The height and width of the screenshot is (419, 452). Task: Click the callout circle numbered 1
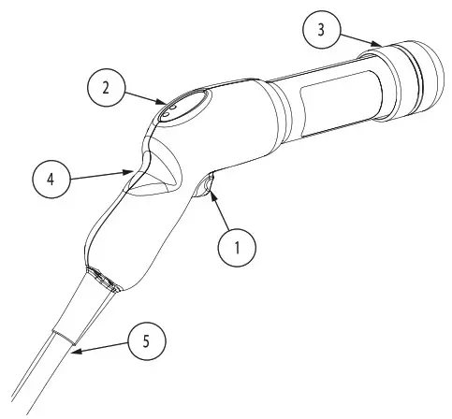(237, 248)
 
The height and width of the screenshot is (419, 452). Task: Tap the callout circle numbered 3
(322, 31)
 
